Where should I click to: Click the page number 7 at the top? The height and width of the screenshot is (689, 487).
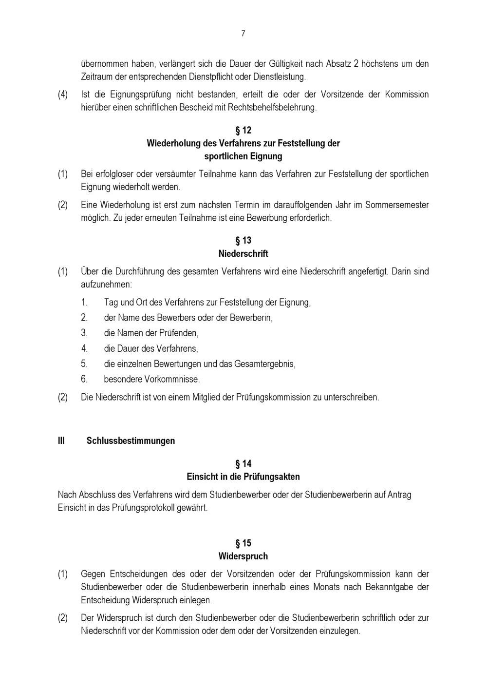click(x=243, y=34)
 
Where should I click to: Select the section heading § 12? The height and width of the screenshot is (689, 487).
click(x=243, y=130)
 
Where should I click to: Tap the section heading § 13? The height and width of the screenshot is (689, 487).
click(x=243, y=240)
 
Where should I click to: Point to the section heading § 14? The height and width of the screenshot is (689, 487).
click(x=243, y=463)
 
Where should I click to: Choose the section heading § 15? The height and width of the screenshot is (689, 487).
click(x=243, y=543)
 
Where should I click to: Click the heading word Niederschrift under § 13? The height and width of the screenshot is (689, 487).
click(x=243, y=253)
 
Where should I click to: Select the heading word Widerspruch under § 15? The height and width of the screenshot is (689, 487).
click(x=243, y=556)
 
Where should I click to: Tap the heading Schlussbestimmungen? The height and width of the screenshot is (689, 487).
click(x=131, y=440)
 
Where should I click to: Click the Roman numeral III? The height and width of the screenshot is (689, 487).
click(x=61, y=440)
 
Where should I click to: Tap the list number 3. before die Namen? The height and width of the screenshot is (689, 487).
click(x=84, y=333)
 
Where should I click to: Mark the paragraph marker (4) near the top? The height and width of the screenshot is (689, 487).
click(x=63, y=94)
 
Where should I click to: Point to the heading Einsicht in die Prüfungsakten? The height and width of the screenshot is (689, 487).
click(x=243, y=477)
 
